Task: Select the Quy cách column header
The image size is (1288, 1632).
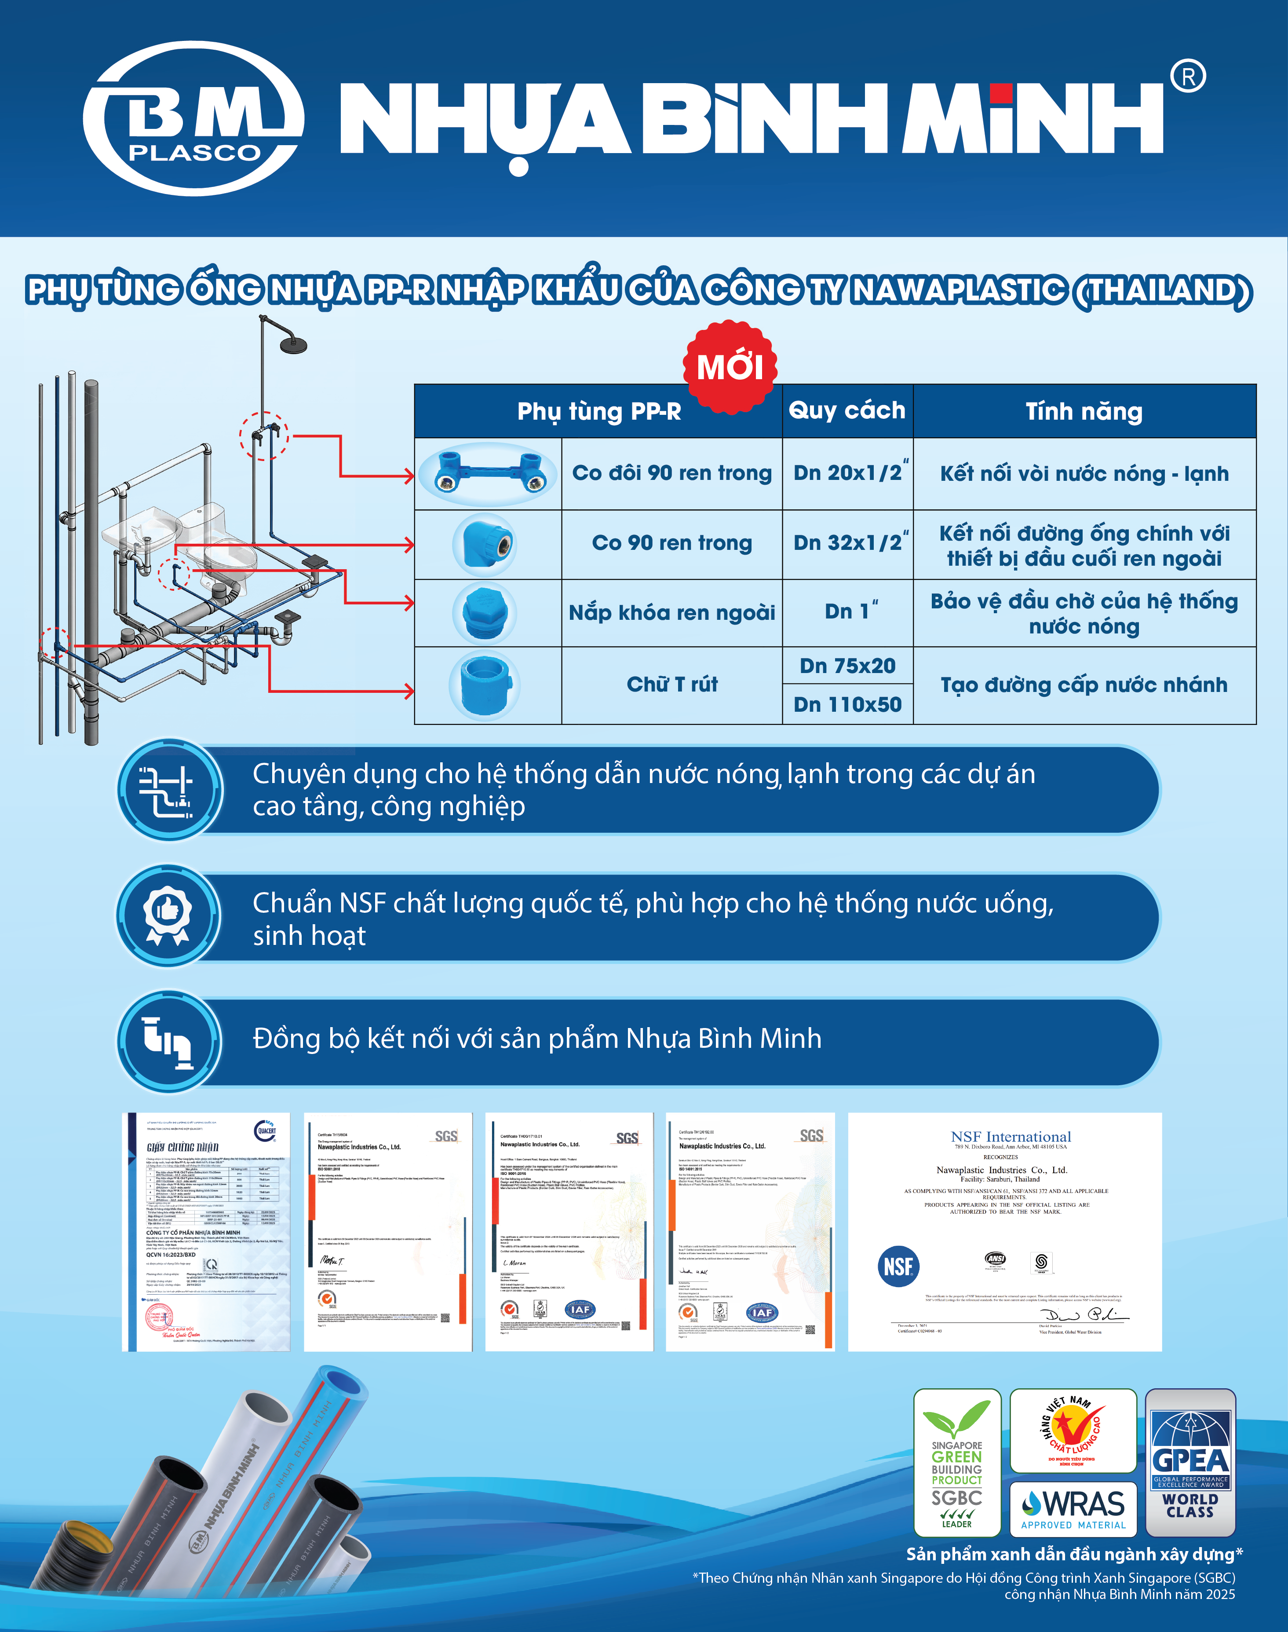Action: click(847, 410)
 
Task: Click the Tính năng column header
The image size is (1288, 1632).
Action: click(1084, 411)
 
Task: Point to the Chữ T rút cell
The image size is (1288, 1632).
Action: click(672, 684)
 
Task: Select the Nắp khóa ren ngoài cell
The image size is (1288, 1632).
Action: click(672, 612)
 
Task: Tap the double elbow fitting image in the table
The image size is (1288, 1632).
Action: click(488, 474)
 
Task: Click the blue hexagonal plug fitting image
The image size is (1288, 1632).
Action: click(485, 612)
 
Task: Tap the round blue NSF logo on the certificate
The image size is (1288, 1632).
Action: click(898, 1266)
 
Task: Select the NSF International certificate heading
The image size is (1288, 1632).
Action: click(1011, 1137)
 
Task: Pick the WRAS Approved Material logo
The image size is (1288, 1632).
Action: click(1073, 1508)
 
